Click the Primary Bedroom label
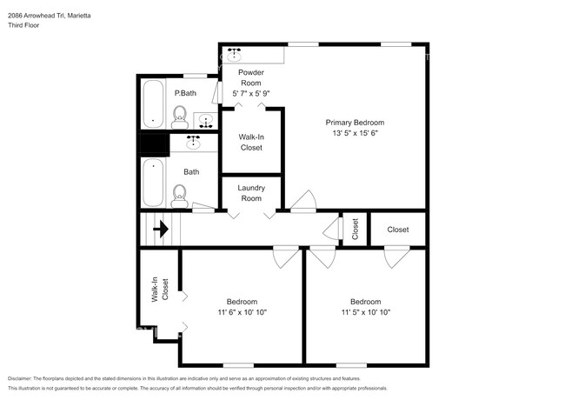(355, 123)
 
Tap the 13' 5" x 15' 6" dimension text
(355, 134)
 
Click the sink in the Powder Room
(233, 52)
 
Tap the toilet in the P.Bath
(180, 115)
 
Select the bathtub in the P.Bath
(153, 103)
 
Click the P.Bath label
(183, 93)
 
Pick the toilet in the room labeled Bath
(180, 193)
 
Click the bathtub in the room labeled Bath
(153, 181)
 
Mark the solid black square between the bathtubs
(153, 143)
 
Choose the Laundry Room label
(251, 192)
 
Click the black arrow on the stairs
(161, 230)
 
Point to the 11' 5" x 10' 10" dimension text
(364, 312)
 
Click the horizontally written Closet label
(398, 230)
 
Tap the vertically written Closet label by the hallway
(355, 230)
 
